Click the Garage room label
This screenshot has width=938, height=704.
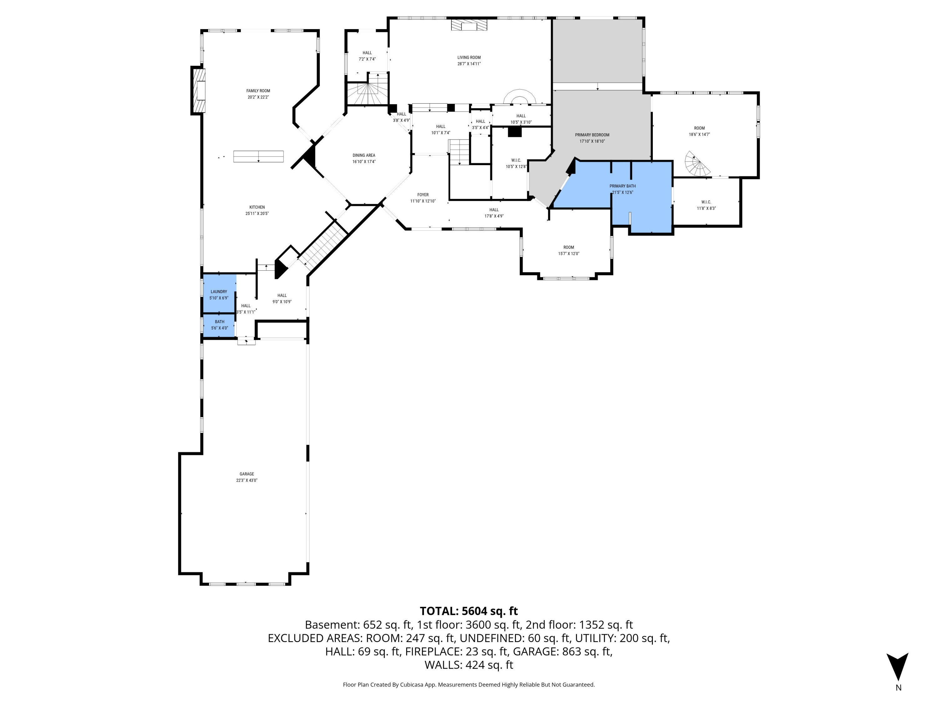point(246,474)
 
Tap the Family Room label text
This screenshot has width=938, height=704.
point(258,91)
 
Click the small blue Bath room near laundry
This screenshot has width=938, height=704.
point(219,325)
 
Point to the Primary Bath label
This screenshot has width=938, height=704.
point(622,186)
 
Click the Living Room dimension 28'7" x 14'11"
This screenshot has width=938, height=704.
point(469,64)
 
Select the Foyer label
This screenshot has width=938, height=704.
point(422,195)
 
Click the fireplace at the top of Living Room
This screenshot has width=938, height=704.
point(469,25)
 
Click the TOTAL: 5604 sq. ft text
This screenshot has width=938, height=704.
point(469,611)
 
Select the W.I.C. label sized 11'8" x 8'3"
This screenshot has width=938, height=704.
point(706,202)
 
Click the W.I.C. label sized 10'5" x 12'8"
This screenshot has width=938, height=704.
point(516,161)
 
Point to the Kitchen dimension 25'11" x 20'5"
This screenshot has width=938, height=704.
point(257,213)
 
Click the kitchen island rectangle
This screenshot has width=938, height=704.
point(258,156)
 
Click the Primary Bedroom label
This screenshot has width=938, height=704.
point(592,135)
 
